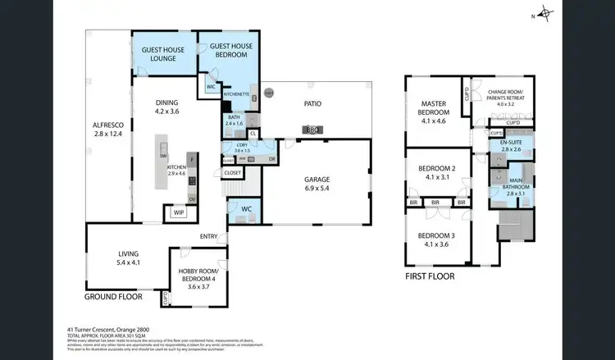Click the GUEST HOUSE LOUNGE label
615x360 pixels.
164,54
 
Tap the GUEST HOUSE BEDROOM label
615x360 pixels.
230,50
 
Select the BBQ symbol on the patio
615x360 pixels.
311,130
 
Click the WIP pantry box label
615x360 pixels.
179,212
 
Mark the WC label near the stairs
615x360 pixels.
246,209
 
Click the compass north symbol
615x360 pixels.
547,14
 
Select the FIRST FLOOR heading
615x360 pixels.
430,276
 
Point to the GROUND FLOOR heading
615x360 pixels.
114,296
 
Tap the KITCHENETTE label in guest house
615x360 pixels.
237,95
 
